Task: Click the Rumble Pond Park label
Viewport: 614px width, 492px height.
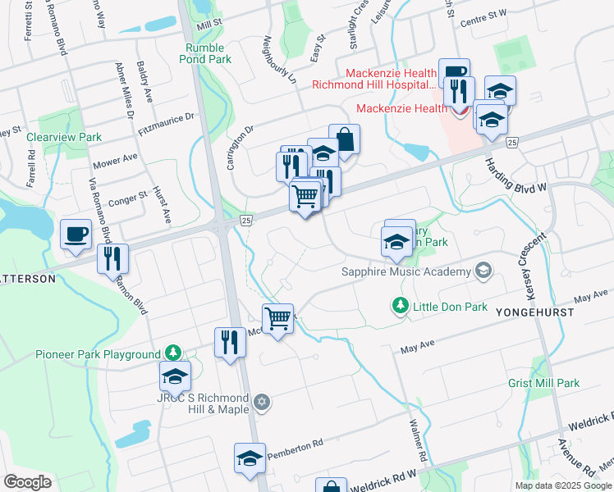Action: [x=208, y=53]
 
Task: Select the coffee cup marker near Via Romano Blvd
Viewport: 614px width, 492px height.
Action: [x=76, y=235]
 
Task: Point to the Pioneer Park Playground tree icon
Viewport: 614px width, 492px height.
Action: [x=172, y=353]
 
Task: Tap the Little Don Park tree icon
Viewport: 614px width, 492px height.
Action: [x=400, y=306]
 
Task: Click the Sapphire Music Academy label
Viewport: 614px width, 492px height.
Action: [x=407, y=271]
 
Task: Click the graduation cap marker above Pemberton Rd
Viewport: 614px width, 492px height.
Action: [x=250, y=459]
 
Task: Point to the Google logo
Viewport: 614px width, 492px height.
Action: [x=28, y=482]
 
